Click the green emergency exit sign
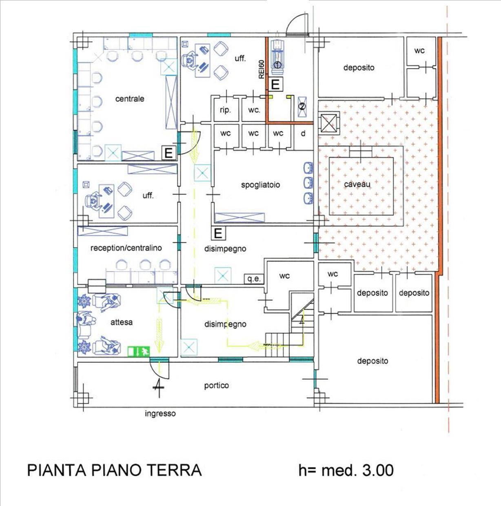click(139, 351)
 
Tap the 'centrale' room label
click(130, 99)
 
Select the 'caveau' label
click(357, 184)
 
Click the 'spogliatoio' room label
click(260, 185)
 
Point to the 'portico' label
click(216, 386)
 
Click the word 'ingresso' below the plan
click(160, 413)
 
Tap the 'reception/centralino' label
click(126, 248)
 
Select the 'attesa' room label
click(121, 322)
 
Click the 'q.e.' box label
click(254, 279)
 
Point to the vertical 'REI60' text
click(261, 69)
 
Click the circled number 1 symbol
click(277, 64)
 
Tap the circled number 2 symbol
click(302, 107)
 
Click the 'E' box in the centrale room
click(168, 153)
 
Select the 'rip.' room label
click(225, 110)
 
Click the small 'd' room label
click(303, 133)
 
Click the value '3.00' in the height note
click(378, 470)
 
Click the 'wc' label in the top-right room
click(419, 51)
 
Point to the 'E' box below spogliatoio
click(218, 233)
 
